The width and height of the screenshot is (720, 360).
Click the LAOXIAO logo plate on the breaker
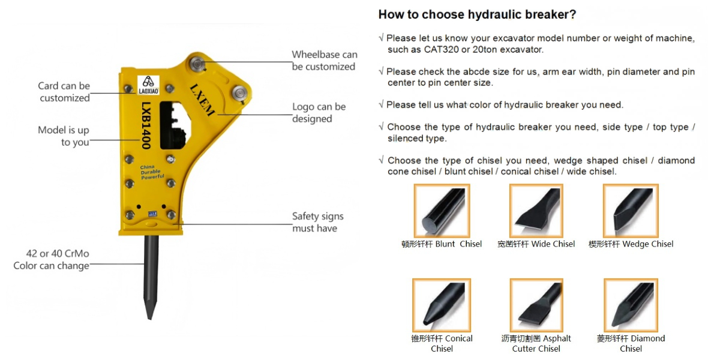(148, 85)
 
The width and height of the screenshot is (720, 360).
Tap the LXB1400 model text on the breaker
(146, 125)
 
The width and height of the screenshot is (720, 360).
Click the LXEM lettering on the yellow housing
(202, 100)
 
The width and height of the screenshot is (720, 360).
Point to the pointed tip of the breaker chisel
(150, 319)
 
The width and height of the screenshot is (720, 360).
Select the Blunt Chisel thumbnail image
(442, 211)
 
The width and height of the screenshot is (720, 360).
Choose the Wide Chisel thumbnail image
(536, 211)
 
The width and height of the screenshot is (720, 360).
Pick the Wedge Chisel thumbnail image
(631, 211)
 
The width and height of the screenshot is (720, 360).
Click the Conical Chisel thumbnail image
(442, 305)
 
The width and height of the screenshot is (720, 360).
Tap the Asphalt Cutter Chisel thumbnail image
(536, 305)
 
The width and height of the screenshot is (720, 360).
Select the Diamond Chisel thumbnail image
(631, 305)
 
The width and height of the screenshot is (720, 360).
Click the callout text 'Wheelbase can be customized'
(325, 61)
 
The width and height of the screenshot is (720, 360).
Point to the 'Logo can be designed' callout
(319, 113)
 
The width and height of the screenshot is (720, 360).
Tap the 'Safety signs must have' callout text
(317, 222)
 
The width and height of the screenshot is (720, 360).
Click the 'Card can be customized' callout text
(64, 92)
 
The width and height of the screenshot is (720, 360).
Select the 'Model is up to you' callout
(64, 136)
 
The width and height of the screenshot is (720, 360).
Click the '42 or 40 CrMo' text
(58, 254)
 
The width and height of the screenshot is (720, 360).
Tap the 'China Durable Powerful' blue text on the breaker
(152, 172)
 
